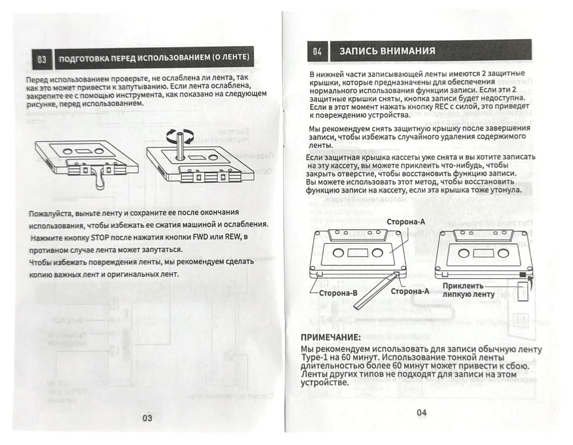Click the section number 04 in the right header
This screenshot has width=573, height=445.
(317, 51)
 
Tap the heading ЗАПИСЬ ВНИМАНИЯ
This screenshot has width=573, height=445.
(387, 51)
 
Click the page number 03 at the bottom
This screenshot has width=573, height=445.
(147, 418)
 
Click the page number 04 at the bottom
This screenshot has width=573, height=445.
(421, 412)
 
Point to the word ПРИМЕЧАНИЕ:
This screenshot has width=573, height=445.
(330, 338)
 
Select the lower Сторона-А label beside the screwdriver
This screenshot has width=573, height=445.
(410, 291)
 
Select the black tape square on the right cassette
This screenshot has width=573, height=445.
(523, 275)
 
